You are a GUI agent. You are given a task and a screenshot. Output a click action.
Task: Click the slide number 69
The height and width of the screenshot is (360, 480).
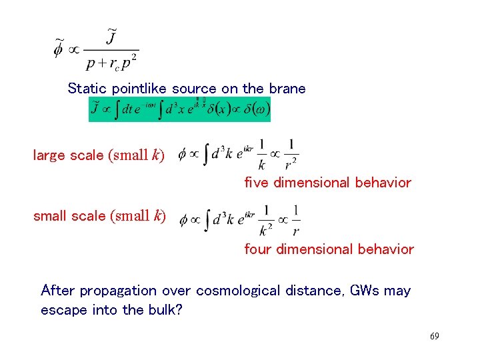point(434,337)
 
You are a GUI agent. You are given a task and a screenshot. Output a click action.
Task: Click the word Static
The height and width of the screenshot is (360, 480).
point(88,89)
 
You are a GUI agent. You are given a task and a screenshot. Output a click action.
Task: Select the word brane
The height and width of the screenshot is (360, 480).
point(287,89)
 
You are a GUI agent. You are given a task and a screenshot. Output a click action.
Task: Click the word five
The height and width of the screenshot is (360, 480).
point(257,183)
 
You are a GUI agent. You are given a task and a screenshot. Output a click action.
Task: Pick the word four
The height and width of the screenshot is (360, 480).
point(257,249)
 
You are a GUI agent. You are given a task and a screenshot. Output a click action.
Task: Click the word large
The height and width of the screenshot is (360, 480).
point(49,155)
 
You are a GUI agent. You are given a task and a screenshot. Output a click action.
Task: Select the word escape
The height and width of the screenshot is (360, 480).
point(62,311)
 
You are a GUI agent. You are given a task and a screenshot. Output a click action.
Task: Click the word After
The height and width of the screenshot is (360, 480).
point(59,291)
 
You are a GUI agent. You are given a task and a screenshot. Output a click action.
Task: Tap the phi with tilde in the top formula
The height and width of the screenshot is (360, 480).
point(59,49)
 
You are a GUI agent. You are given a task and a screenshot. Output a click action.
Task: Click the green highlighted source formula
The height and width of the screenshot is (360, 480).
point(179,109)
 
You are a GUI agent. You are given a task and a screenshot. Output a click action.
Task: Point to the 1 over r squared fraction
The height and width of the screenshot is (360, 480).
point(291,153)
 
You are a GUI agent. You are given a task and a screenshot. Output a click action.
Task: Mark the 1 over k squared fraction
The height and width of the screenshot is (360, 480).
point(266,221)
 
